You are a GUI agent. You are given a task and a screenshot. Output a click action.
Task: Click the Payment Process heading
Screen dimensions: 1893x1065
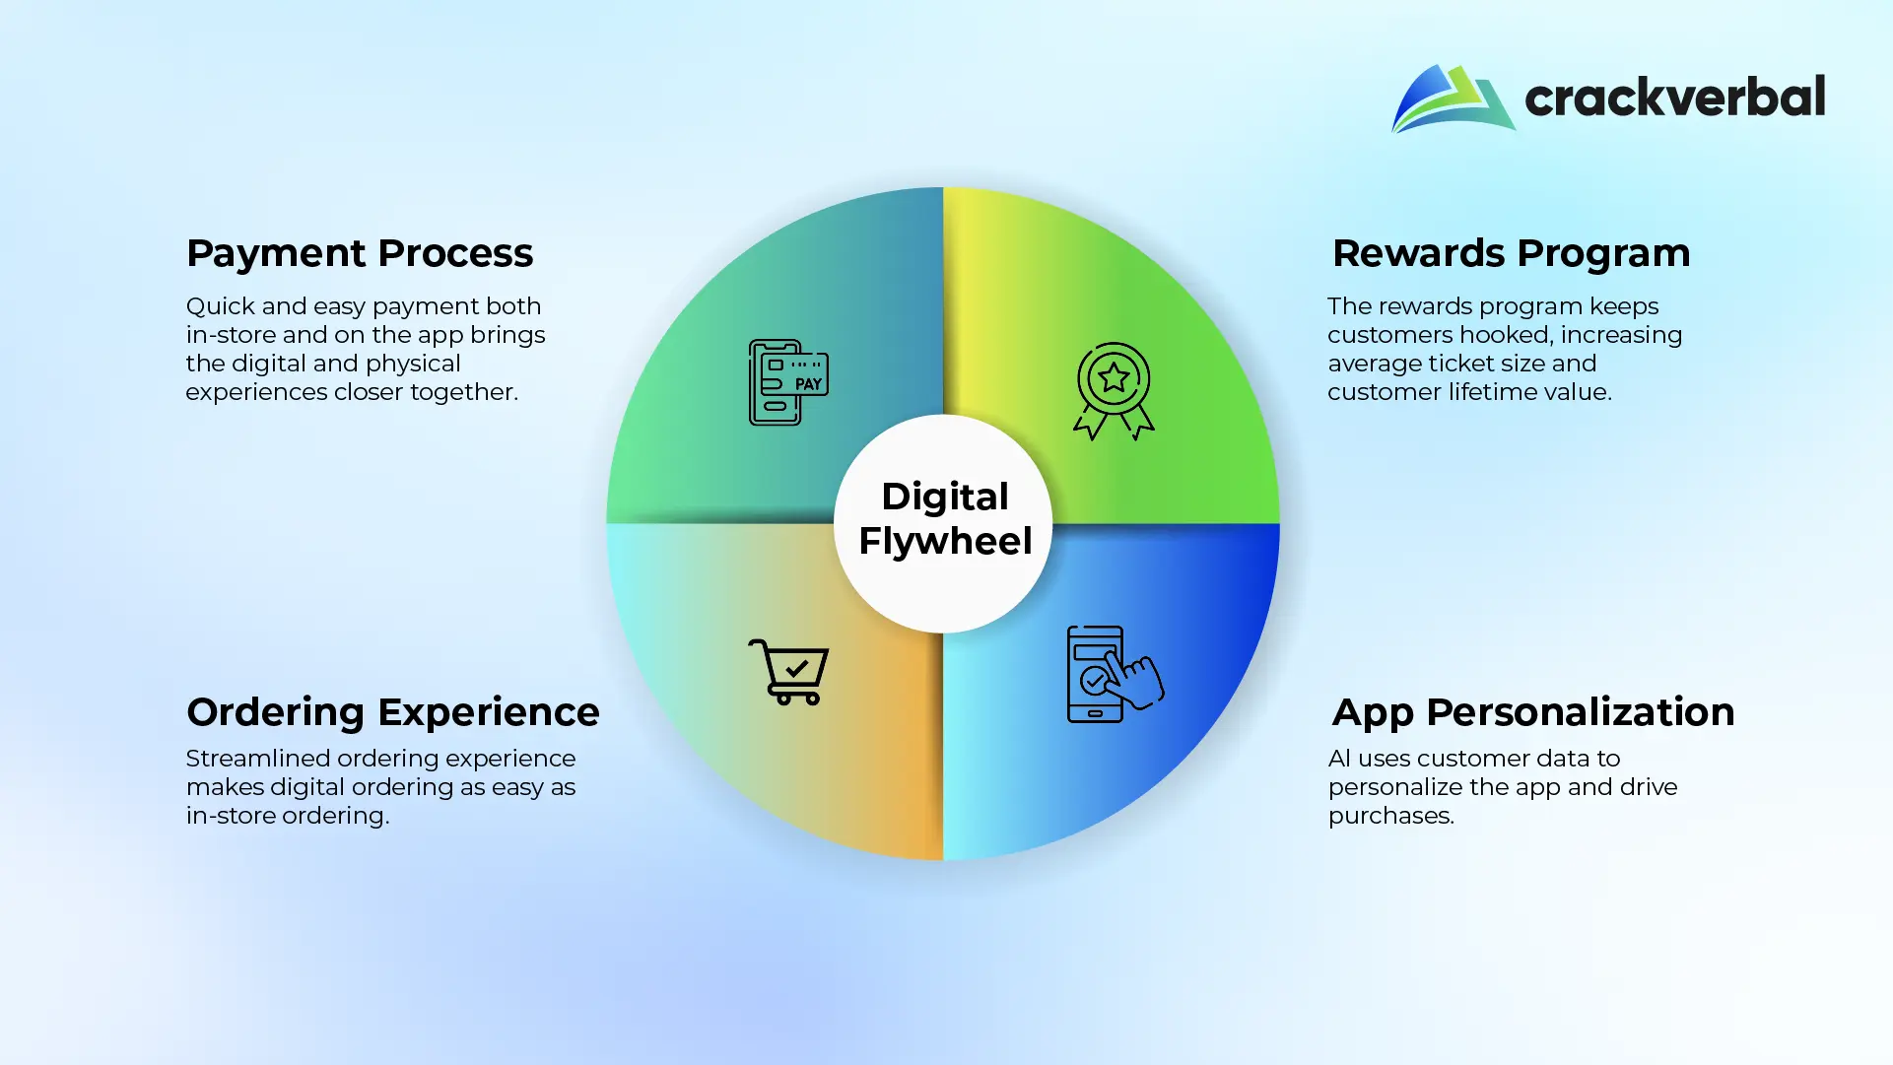tap(360, 254)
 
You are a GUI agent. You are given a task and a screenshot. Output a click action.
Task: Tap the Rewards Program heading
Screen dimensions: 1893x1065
tap(1511, 254)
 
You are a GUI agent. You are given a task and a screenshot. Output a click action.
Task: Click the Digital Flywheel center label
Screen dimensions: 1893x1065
tap(945, 518)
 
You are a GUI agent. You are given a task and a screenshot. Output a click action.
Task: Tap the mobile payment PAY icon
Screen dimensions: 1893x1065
tap(788, 382)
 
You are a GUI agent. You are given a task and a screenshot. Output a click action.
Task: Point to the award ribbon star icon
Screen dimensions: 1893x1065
tap(1114, 391)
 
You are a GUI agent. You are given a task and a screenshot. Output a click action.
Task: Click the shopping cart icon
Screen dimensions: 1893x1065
tap(788, 672)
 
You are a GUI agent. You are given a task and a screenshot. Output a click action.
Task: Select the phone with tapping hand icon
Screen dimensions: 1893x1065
tap(1115, 674)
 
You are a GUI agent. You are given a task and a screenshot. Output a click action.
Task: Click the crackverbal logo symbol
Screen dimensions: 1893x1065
tap(1453, 99)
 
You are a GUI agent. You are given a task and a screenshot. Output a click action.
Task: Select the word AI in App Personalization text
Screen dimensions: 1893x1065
tap(1339, 759)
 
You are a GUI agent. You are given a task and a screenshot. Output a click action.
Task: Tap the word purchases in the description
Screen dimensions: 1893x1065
tap(1390, 817)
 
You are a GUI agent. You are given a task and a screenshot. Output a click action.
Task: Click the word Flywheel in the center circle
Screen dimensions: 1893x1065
tap(945, 542)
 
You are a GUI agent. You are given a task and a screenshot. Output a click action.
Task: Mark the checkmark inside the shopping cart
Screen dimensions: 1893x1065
tap(796, 668)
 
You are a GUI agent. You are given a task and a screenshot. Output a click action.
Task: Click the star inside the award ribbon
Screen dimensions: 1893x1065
tap(1114, 377)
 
